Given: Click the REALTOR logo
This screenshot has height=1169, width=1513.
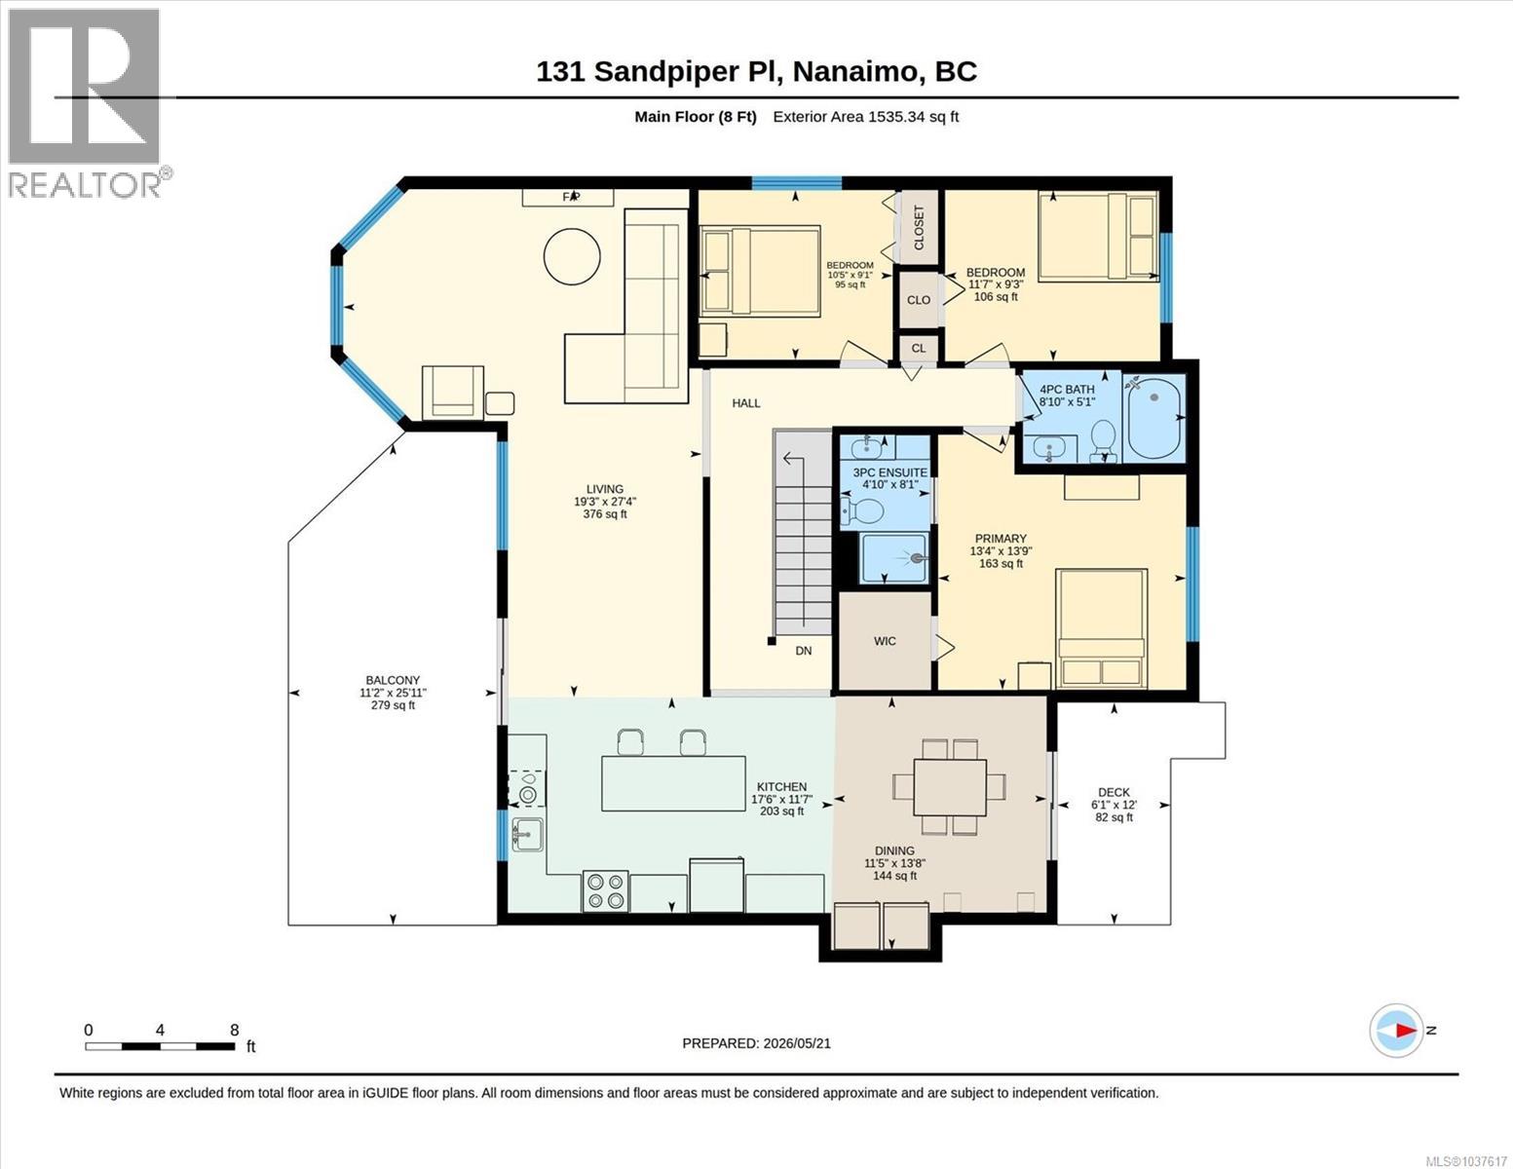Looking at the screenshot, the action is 87,103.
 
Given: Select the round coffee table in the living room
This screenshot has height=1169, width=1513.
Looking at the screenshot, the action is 572,255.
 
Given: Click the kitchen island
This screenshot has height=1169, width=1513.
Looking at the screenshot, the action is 673,783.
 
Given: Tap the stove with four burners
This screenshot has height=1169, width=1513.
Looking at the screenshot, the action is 605,891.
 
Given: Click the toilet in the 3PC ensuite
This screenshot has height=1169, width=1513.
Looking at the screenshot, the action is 862,511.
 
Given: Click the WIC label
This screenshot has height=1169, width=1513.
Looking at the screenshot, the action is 885,641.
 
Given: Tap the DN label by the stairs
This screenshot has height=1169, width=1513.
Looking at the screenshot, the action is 804,651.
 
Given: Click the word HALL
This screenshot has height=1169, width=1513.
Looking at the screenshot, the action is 745,403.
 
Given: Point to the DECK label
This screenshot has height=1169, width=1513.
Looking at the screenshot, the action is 1114,792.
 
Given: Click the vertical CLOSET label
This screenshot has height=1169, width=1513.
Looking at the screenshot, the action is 919,228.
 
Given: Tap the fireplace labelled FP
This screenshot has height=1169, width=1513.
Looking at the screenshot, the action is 568,198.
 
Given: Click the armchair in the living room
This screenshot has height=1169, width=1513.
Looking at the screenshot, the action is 453,393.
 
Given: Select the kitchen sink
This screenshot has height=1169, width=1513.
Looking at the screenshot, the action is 527,834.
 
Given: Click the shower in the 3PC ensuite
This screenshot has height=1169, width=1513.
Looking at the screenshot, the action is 894,557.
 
